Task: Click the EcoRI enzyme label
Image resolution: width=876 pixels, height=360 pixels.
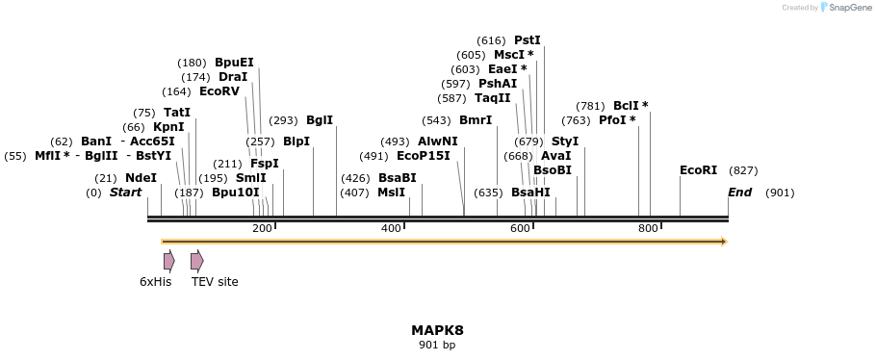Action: [698, 170]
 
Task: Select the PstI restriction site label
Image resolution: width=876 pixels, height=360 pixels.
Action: [528, 40]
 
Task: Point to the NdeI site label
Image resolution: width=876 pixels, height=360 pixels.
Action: [141, 178]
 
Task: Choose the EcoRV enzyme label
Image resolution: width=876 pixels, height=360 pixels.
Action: [219, 91]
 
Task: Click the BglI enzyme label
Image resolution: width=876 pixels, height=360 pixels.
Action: [320, 120]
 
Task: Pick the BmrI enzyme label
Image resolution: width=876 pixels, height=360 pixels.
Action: [476, 120]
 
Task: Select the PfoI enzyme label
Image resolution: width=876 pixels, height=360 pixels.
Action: [617, 120]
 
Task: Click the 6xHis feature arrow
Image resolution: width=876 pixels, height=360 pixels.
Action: [168, 260]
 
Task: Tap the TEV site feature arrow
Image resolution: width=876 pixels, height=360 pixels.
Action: [196, 260]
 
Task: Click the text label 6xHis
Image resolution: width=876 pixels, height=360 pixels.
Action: [155, 282]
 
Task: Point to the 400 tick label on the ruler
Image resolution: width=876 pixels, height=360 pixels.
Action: [391, 228]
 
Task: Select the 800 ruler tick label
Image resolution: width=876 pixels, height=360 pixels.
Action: [648, 228]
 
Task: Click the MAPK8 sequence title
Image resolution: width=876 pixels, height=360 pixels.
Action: [437, 330]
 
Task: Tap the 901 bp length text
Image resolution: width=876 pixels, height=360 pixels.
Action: [437, 345]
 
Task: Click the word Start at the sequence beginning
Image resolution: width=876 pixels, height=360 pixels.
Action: [125, 193]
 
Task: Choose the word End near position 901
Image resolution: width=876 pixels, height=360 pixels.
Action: [739, 193]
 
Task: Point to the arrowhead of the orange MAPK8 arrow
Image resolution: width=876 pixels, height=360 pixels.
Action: [723, 242]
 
